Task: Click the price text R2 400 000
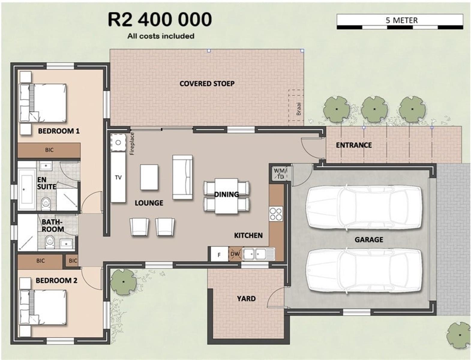tap(160, 19)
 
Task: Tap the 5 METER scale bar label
tap(401, 20)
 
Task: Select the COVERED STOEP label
tap(207, 84)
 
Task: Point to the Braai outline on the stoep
tap(296, 108)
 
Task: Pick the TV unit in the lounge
tap(118, 177)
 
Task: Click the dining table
tap(226, 196)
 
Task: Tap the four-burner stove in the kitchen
tap(276, 214)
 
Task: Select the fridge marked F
tap(219, 254)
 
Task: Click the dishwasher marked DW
tap(235, 254)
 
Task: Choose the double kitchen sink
tap(258, 254)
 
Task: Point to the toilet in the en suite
tap(46, 203)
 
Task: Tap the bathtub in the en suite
tap(27, 190)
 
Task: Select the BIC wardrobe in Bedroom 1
tap(49, 150)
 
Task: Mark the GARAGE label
tap(369, 240)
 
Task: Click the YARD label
tap(246, 298)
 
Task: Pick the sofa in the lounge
tap(182, 177)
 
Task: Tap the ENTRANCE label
tap(354, 145)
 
